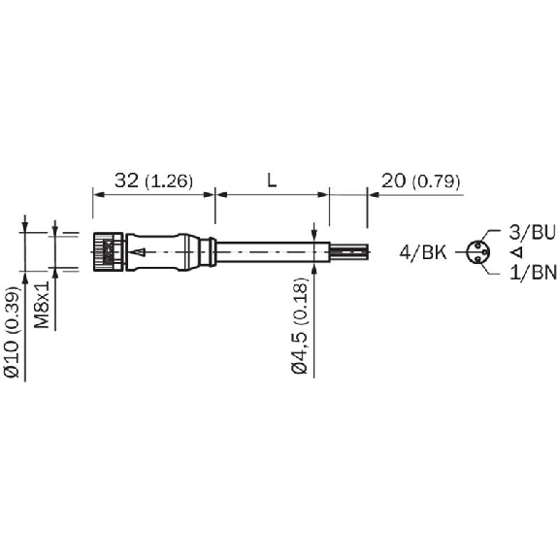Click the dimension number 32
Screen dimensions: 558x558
pyautogui.click(x=126, y=181)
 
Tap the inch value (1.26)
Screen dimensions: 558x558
pyautogui.click(x=169, y=181)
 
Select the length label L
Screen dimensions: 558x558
pyautogui.click(x=272, y=181)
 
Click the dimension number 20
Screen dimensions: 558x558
pyautogui.click(x=393, y=181)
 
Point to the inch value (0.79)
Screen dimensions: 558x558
pyautogui.click(x=436, y=181)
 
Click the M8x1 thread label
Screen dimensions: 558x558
pyautogui.click(x=42, y=305)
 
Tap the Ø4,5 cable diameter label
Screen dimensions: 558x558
pyautogui.click(x=299, y=351)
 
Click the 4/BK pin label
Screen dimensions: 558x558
pyautogui.click(x=423, y=252)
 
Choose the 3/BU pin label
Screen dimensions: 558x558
pyautogui.click(x=532, y=232)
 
